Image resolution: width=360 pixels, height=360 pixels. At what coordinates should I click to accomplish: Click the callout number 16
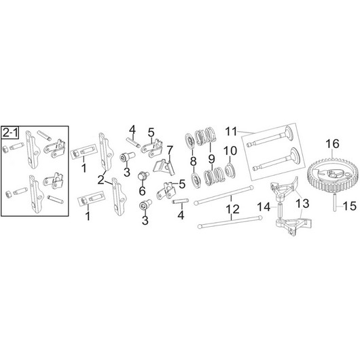pos(332,144)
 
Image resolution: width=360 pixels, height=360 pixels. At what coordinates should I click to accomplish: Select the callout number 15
pos(350,206)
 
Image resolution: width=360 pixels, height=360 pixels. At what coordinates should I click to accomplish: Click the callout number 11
pos(231,132)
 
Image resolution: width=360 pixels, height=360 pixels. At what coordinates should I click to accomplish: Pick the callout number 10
pos(230,151)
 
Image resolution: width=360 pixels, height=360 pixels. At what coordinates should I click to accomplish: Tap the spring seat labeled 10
pos(230,170)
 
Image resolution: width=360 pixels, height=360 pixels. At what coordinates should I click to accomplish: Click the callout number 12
pos(232,209)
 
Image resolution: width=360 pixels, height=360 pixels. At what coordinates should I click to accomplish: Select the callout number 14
pos(264,207)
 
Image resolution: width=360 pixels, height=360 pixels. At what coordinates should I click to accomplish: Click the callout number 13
pos(302,203)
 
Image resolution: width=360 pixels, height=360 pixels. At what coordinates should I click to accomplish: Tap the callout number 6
pos(143,191)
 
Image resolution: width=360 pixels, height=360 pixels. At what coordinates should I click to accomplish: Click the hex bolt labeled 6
pos(143,177)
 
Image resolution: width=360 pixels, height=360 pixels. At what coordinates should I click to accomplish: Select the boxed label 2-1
pos(10,132)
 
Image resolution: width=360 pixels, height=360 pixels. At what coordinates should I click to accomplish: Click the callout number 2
pos(101,180)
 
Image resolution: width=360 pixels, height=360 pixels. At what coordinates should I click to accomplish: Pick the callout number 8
pos(194,162)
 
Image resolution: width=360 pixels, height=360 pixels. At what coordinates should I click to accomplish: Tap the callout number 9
pos(211,159)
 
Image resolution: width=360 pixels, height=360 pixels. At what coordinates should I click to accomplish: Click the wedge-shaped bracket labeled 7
pos(164,167)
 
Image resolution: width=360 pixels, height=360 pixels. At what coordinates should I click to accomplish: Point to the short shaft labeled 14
pos(280,210)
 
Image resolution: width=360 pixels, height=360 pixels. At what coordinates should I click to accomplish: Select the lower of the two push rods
pos(230,222)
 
